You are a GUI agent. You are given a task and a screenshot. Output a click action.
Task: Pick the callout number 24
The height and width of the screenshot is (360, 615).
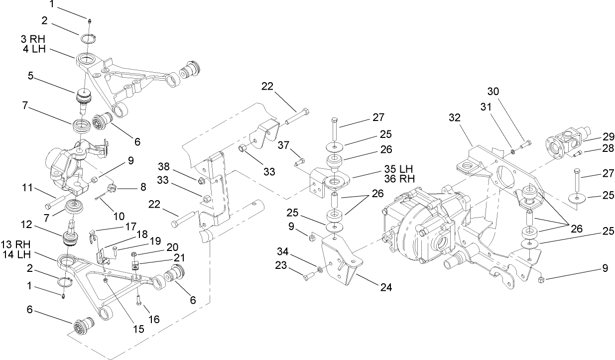[386, 287]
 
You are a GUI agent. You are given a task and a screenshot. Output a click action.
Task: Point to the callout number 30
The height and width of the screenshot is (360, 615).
[492, 92]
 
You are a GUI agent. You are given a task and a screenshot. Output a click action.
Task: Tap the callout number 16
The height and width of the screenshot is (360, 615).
[154, 319]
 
